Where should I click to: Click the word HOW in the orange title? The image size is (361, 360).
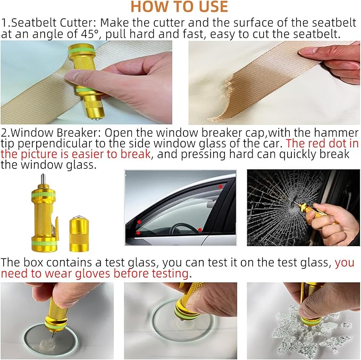point(145,7)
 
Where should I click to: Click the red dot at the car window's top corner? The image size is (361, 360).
point(220,187)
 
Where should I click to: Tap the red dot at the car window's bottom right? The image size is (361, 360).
point(200,230)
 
